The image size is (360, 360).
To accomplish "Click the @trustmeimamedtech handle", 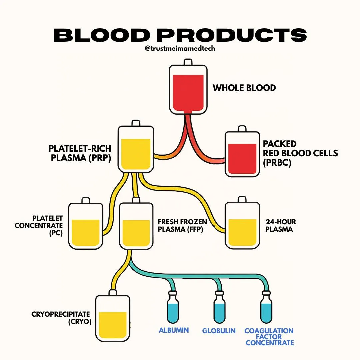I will [180, 48].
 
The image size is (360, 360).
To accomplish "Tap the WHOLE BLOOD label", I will [244, 88].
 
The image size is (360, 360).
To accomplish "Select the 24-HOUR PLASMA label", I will [281, 225].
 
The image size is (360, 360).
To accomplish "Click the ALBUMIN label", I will [174, 330].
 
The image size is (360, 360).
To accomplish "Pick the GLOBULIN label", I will [219, 331].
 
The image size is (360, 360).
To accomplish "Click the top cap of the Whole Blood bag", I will [188, 62].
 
